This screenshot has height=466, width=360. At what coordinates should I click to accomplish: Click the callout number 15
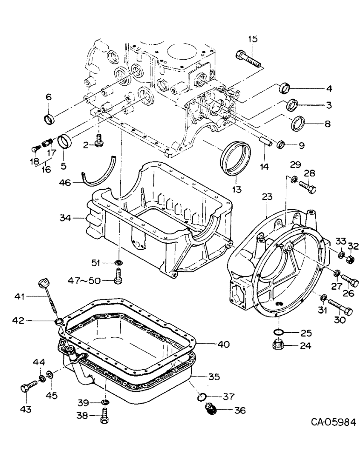pos(252,40)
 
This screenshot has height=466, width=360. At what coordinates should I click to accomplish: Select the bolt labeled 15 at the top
pos(248,57)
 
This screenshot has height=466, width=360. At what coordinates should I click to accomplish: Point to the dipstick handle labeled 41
pos(43,283)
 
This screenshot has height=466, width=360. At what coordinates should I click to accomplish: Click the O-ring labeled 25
pos(277,333)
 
